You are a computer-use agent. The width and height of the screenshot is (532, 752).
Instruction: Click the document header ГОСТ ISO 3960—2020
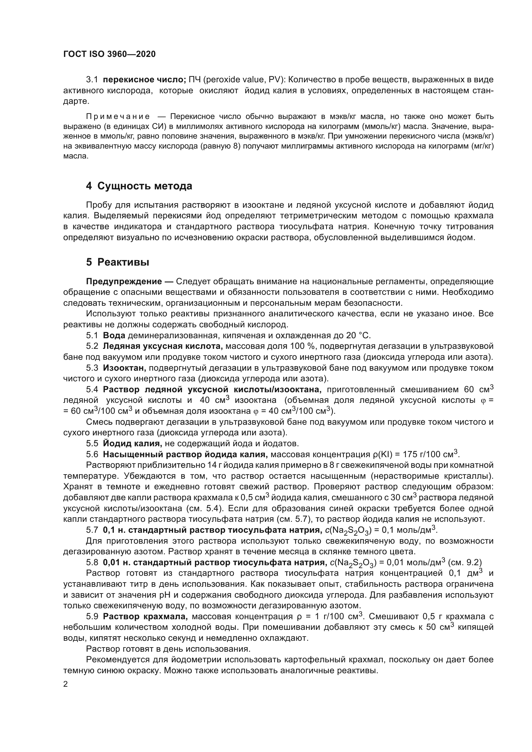[109, 54]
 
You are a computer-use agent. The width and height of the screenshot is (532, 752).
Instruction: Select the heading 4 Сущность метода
[139, 186]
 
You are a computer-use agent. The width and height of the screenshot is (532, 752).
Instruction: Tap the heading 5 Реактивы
[118, 262]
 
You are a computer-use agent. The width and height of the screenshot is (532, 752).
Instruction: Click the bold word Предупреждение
[124, 281]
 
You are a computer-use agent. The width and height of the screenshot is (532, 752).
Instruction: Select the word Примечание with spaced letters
[118, 117]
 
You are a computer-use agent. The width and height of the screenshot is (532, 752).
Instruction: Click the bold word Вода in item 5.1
[114, 335]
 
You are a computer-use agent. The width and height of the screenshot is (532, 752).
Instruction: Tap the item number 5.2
[92, 346]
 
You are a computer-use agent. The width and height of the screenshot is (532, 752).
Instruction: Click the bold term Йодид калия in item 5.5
[132, 443]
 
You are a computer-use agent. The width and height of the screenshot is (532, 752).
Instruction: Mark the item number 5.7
[92, 530]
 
